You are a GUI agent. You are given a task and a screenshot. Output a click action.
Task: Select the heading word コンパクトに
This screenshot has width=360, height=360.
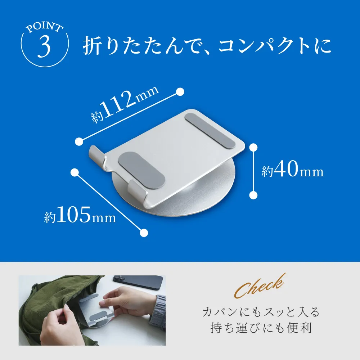tap(275, 46)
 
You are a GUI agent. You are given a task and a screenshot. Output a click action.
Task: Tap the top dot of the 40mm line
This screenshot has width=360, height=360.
tap(253, 147)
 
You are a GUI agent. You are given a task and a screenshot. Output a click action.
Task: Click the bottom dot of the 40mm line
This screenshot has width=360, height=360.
tap(253, 195)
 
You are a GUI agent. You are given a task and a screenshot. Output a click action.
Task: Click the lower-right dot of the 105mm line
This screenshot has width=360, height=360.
tap(144, 233)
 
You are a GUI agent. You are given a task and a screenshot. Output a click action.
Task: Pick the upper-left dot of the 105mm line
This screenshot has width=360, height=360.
tap(75, 172)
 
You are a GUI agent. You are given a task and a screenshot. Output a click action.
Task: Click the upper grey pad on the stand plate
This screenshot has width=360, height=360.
tap(210, 130)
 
